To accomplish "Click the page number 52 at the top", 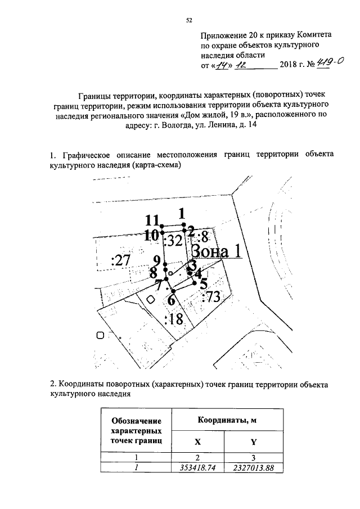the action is click(x=190, y=21).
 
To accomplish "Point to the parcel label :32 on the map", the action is click(x=174, y=241).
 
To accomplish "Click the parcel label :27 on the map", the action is click(x=121, y=260).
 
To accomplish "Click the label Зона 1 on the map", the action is click(x=217, y=250).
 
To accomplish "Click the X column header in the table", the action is click(x=197, y=441).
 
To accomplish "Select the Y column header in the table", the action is click(x=253, y=441).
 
